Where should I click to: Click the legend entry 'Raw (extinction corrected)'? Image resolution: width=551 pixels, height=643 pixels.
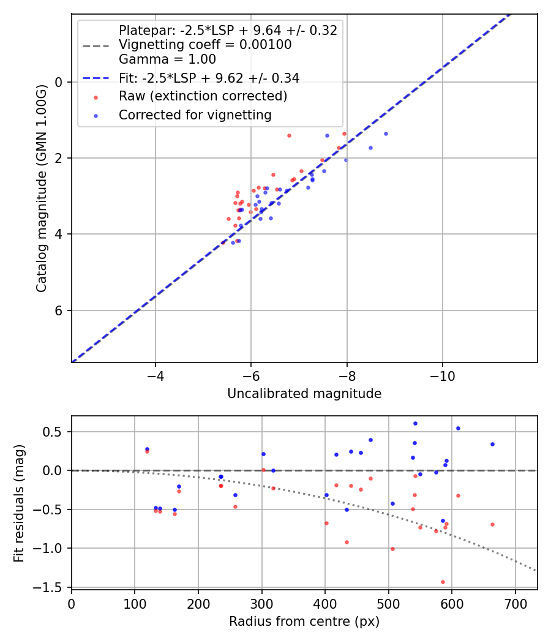(203, 97)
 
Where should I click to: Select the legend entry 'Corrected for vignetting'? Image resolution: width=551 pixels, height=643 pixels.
(195, 115)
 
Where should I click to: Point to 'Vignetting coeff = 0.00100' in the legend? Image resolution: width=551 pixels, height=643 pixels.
(205, 45)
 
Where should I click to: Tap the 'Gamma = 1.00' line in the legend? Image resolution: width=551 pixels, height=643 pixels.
(167, 59)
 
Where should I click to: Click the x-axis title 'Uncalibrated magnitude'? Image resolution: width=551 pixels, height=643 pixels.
(304, 394)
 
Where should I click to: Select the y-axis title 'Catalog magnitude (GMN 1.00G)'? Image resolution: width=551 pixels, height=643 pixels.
(41, 187)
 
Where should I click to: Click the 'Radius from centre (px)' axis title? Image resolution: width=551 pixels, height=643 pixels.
(304, 622)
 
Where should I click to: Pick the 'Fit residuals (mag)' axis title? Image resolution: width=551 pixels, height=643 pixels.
(20, 502)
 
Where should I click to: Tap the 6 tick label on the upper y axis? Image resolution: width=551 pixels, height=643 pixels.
(59, 310)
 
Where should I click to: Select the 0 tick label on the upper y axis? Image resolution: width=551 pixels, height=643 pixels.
(59, 82)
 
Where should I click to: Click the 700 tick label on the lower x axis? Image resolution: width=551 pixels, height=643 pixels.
(515, 604)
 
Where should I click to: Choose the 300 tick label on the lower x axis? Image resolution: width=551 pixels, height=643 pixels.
(261, 604)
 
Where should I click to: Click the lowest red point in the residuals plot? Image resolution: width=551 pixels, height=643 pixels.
(443, 582)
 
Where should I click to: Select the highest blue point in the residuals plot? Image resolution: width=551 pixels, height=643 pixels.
(415, 423)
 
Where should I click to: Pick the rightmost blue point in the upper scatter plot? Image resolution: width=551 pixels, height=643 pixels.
(386, 133)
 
